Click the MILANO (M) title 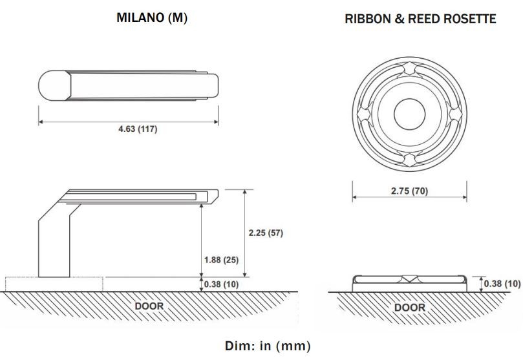pos(152,18)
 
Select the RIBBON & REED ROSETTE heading pos(420,19)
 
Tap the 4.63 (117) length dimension pos(138,129)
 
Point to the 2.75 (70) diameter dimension pos(410,191)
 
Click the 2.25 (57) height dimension pos(266,233)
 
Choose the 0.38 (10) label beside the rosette pos(502,283)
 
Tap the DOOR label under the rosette pos(410,307)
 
